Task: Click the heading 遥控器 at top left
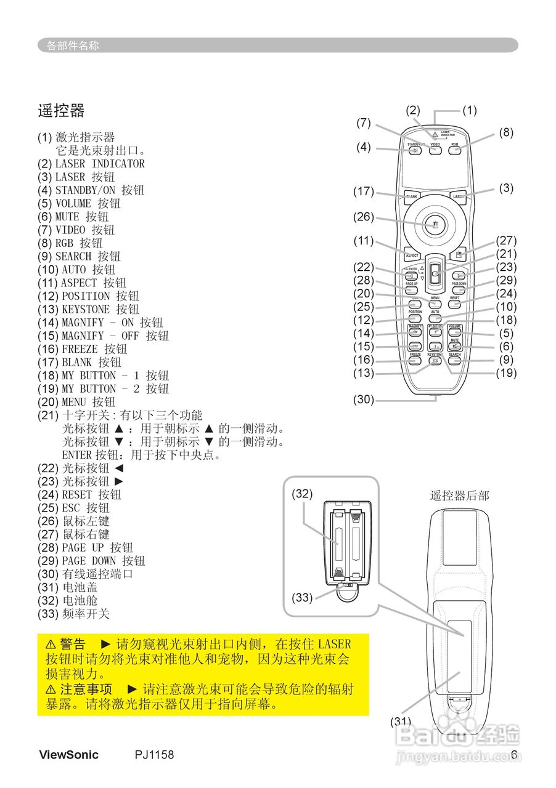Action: click(61, 111)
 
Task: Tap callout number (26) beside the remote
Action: click(364, 216)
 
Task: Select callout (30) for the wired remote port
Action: click(364, 399)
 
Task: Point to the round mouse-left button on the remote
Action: click(435, 225)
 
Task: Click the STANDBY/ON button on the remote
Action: click(415, 150)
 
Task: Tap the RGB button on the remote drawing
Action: click(455, 150)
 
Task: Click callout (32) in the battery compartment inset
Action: click(302, 494)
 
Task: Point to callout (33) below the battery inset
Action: click(302, 597)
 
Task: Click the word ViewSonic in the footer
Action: click(68, 755)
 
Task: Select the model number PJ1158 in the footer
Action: click(155, 755)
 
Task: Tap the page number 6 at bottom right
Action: click(513, 755)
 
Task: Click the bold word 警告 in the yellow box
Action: click(73, 645)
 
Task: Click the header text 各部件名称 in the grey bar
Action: click(73, 46)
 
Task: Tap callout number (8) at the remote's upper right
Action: click(506, 132)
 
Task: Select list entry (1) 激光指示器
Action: click(76, 137)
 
